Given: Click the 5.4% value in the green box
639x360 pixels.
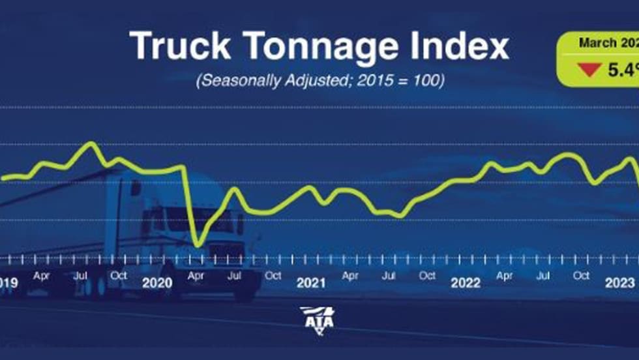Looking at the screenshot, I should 623,69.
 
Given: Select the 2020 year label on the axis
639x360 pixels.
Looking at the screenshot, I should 156,283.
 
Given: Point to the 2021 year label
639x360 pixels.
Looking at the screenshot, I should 311,283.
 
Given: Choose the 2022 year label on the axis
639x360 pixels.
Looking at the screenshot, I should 466,283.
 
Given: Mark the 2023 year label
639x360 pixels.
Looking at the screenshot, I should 619,283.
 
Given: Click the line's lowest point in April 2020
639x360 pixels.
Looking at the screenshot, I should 198,245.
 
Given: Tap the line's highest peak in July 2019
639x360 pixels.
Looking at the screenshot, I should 91,143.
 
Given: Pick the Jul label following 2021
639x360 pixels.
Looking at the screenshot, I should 389,276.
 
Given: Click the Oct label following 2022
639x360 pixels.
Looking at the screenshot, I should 582,276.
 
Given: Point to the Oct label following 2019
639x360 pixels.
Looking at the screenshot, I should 119,275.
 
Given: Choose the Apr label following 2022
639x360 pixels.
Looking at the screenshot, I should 504,276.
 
